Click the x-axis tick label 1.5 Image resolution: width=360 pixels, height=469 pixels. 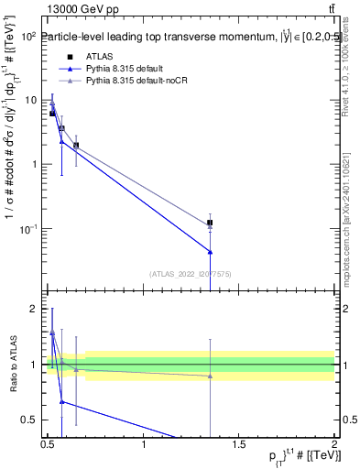240,444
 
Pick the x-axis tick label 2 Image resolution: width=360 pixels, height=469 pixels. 334,444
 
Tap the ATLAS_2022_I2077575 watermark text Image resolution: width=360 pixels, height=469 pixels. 191,273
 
